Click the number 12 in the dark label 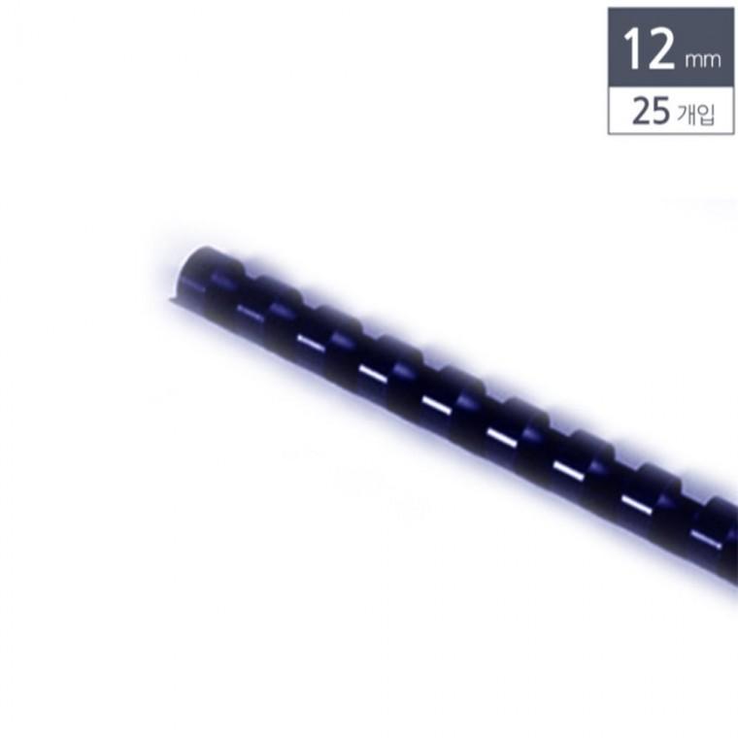[x=649, y=48]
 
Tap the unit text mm [x=703, y=60]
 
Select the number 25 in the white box [x=651, y=111]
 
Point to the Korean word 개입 [x=696, y=114]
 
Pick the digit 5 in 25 [x=661, y=111]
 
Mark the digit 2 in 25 [x=642, y=111]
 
